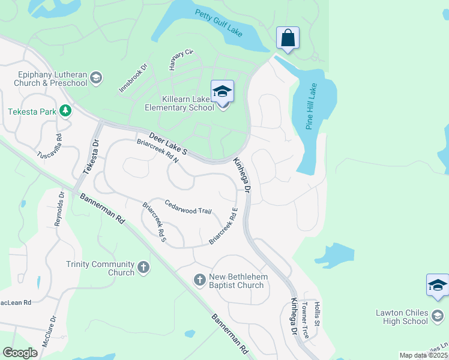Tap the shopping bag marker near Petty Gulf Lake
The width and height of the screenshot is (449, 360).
288,38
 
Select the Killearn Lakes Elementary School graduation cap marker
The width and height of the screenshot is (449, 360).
222,91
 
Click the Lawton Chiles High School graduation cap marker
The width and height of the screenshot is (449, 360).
437,286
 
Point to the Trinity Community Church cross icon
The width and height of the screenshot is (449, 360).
143,267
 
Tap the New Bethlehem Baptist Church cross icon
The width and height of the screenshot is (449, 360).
200,279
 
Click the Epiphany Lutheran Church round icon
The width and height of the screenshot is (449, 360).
96,77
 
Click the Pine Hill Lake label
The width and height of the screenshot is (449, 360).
311,106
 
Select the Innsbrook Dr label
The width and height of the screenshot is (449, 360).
133,79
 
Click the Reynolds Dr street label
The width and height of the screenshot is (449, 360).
59,208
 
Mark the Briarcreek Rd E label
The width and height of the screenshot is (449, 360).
223,226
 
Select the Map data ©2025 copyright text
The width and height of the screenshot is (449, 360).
423,355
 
